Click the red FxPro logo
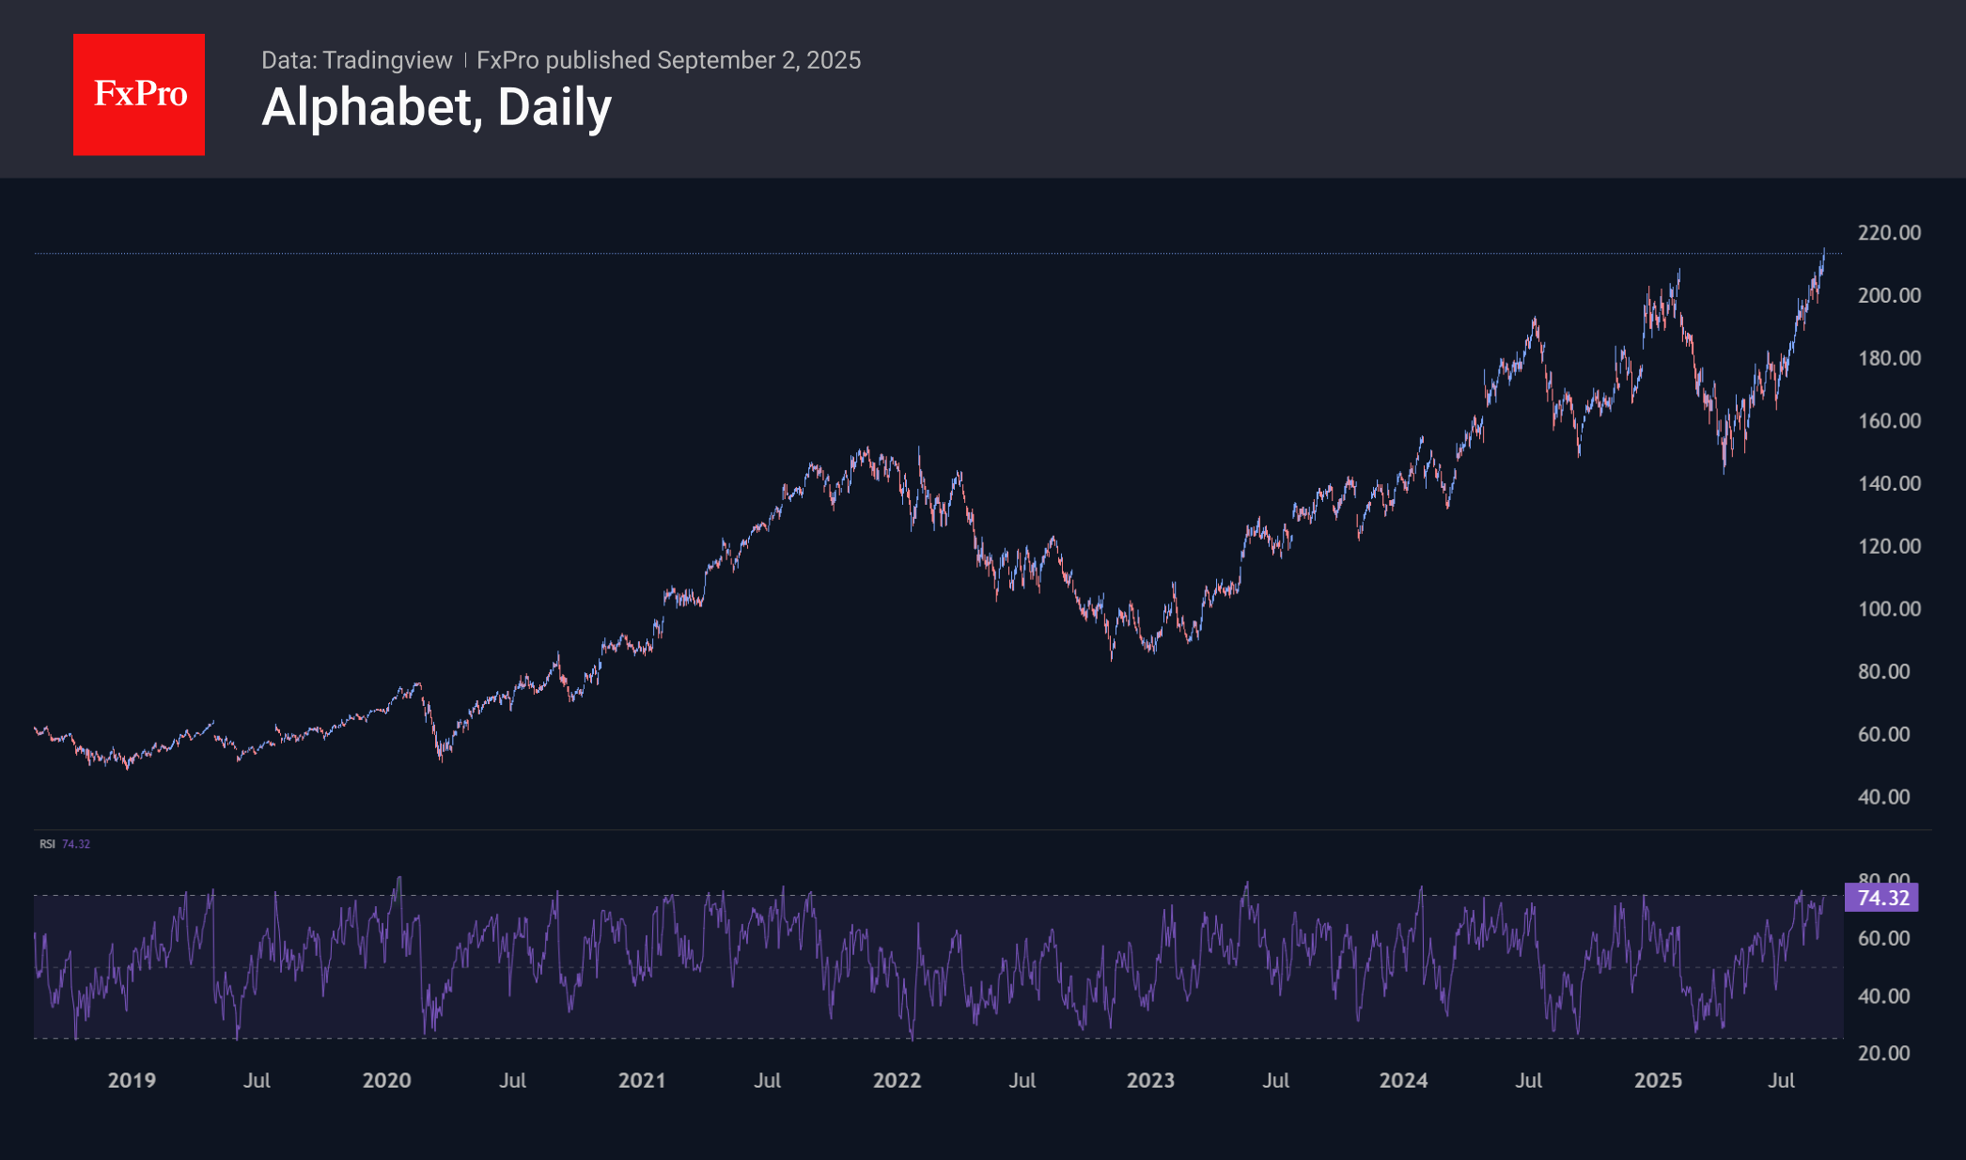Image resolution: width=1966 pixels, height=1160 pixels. (x=139, y=95)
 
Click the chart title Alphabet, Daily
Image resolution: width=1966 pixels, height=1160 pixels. (x=436, y=107)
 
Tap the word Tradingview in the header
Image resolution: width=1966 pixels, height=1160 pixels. (x=387, y=60)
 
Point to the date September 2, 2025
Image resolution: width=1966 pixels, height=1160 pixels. (x=758, y=60)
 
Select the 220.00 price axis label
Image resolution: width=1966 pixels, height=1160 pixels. (x=1889, y=232)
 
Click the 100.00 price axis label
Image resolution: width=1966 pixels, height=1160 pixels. (x=1889, y=608)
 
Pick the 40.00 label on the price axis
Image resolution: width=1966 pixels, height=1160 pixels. (x=1883, y=796)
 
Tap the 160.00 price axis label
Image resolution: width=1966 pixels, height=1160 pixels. (x=1889, y=420)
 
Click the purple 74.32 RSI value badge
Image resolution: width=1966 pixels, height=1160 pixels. (x=1882, y=898)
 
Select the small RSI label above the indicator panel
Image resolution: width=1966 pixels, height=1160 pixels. (x=47, y=844)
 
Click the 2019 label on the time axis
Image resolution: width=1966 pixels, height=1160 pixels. (x=132, y=1080)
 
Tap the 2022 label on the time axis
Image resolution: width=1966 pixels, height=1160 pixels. (x=897, y=1080)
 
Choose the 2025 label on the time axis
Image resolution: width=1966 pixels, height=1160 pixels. (x=1658, y=1080)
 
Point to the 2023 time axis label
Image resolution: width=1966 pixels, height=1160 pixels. (x=1150, y=1080)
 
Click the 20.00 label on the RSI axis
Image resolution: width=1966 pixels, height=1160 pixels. (x=1883, y=1053)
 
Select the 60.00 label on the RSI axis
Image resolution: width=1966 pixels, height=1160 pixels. (x=1883, y=938)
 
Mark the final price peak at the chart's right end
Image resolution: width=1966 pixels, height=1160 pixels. (x=1824, y=250)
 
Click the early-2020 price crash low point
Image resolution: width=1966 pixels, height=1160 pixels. (x=441, y=758)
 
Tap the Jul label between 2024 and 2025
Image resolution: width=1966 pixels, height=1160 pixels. (x=1528, y=1080)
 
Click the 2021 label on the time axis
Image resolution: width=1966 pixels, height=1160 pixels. (x=642, y=1080)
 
